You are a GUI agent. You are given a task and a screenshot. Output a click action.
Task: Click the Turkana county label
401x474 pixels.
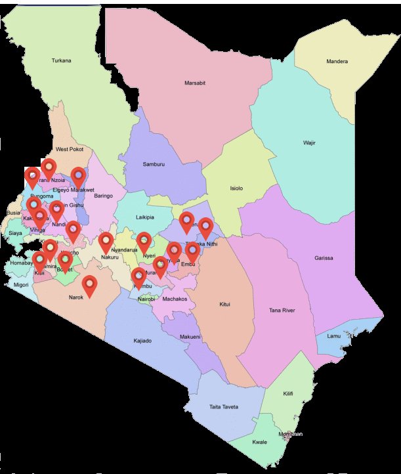tap(61, 61)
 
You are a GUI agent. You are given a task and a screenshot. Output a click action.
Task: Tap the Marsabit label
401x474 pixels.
tap(195, 83)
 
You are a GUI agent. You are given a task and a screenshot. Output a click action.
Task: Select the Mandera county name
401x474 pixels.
tap(337, 62)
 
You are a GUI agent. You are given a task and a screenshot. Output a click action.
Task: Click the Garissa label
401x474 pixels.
tap(324, 258)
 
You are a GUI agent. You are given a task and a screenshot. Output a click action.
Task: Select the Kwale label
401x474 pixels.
tap(260, 442)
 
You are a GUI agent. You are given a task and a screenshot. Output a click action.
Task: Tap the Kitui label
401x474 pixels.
tap(226, 305)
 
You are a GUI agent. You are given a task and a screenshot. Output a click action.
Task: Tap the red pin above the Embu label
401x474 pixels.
tap(192, 251)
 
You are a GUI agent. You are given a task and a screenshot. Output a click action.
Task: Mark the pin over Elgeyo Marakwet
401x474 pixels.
tap(79, 176)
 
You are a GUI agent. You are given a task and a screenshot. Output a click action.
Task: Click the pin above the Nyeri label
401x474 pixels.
tap(144, 241)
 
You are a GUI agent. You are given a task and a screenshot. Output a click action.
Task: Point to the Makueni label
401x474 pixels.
tap(190, 337)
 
